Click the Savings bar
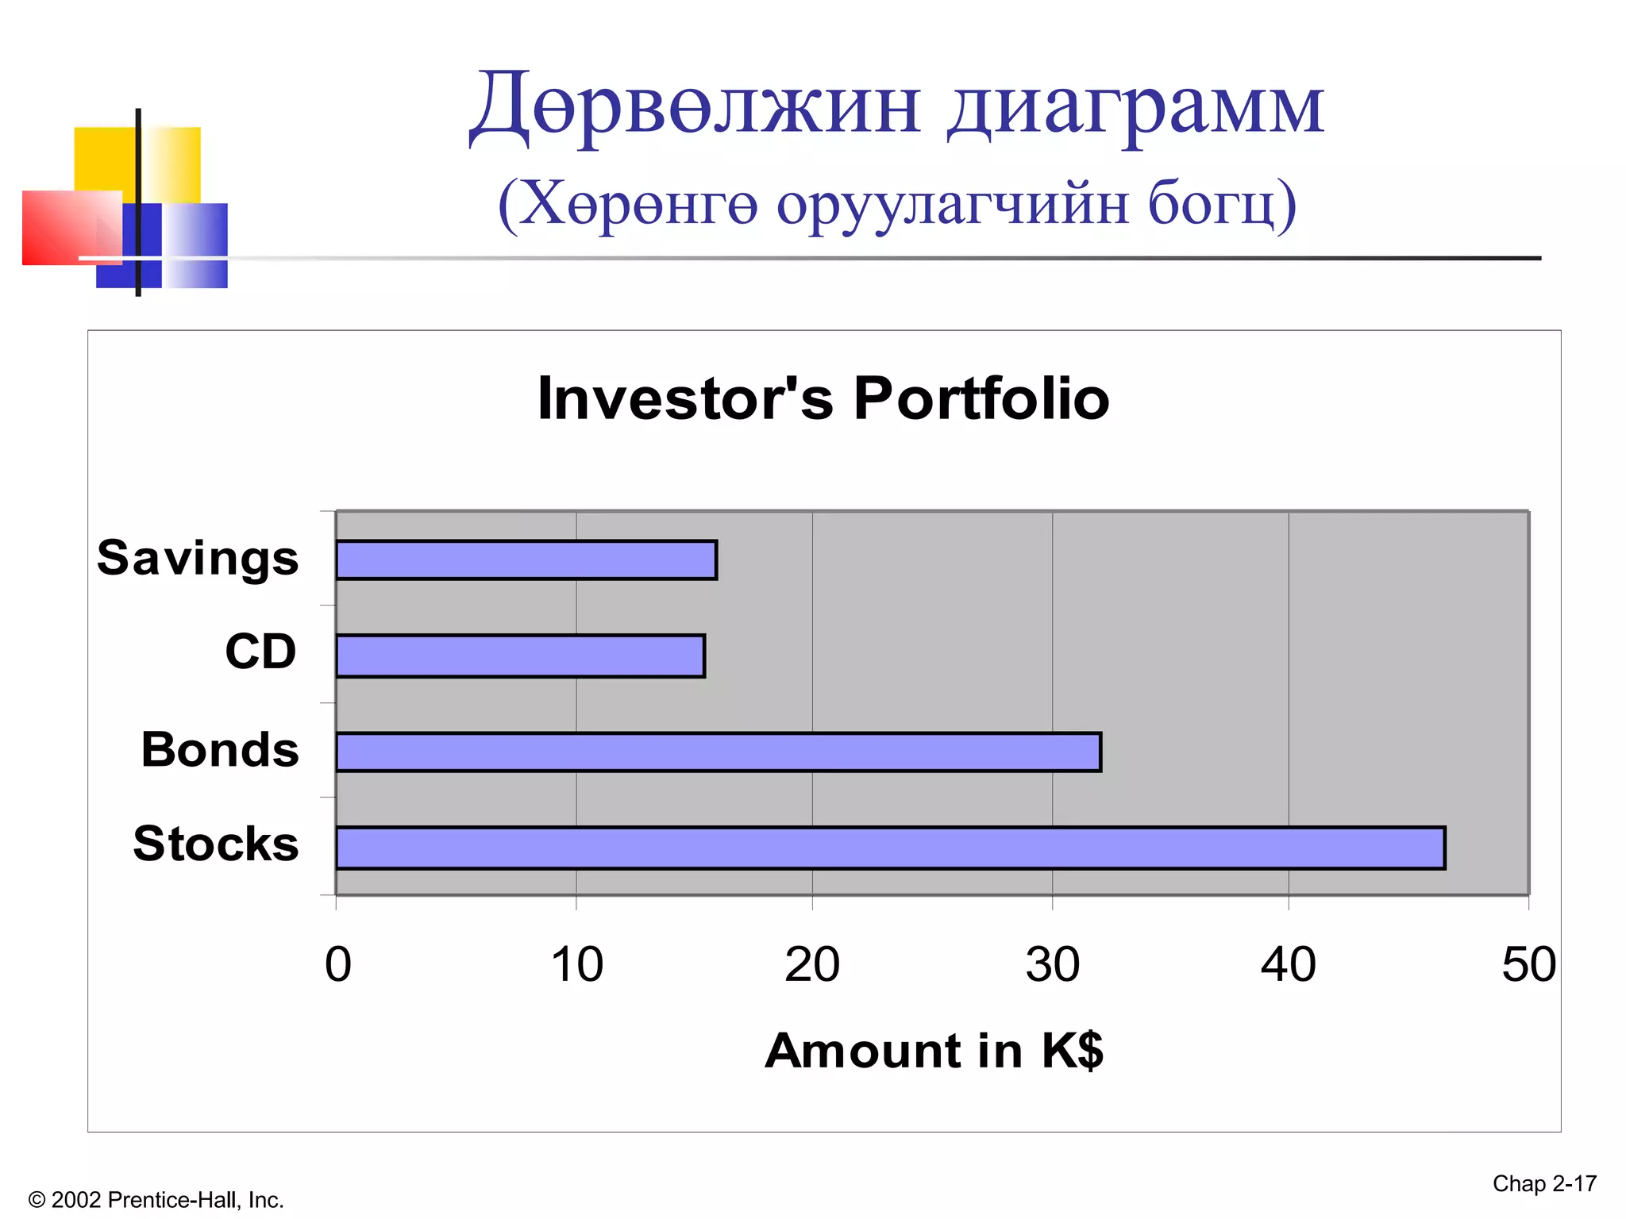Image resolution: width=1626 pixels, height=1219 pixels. [526, 560]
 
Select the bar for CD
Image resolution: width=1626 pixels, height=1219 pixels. [520, 656]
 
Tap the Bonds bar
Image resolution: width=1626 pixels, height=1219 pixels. [718, 752]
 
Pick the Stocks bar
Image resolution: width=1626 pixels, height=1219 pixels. [889, 848]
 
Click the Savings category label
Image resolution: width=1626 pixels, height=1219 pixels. [198, 558]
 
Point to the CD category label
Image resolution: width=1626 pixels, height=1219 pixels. [260, 652]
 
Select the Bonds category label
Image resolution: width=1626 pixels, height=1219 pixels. [220, 749]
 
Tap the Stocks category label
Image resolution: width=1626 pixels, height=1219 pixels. [216, 843]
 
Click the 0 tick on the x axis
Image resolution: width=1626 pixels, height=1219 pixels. [338, 965]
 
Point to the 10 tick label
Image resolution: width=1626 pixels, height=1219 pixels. [577, 965]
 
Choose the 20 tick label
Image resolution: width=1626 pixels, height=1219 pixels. [812, 965]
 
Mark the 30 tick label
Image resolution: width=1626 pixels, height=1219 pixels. [1053, 965]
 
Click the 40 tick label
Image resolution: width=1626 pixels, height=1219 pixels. [1289, 965]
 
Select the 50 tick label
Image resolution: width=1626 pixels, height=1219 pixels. [1528, 965]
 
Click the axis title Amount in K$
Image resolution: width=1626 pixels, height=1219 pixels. [934, 1051]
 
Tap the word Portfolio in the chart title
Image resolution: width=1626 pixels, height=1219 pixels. [981, 398]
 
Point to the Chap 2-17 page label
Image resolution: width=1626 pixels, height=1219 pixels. [1544, 1184]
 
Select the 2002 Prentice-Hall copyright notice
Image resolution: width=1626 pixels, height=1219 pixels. [156, 1200]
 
